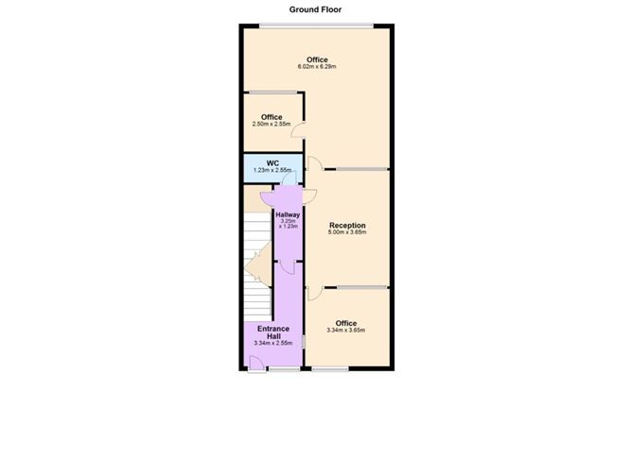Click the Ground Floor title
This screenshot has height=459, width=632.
[315, 9]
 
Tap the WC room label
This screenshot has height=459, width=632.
[272, 163]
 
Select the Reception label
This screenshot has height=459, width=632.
[347, 226]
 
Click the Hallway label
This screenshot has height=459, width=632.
[288, 214]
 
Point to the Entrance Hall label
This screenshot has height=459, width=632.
[273, 332]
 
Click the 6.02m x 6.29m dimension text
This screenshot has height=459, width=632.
[317, 67]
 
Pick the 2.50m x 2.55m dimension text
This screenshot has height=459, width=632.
[272, 124]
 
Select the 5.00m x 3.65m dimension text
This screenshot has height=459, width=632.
[347, 232]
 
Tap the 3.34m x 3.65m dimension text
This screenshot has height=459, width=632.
[346, 331]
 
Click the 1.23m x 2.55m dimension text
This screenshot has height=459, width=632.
[272, 170]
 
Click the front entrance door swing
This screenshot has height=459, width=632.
[256, 364]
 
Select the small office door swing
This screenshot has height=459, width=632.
[297, 129]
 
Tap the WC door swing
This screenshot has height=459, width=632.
[290, 178]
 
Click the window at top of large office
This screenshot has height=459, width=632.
[316, 25]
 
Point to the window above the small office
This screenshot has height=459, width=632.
[272, 93]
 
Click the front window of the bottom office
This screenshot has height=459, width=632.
[330, 369]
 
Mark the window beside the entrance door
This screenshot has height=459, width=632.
[285, 369]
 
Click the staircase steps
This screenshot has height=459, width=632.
[257, 266]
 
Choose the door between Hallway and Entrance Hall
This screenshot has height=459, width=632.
[288, 268]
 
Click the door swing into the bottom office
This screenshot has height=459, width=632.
[315, 294]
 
